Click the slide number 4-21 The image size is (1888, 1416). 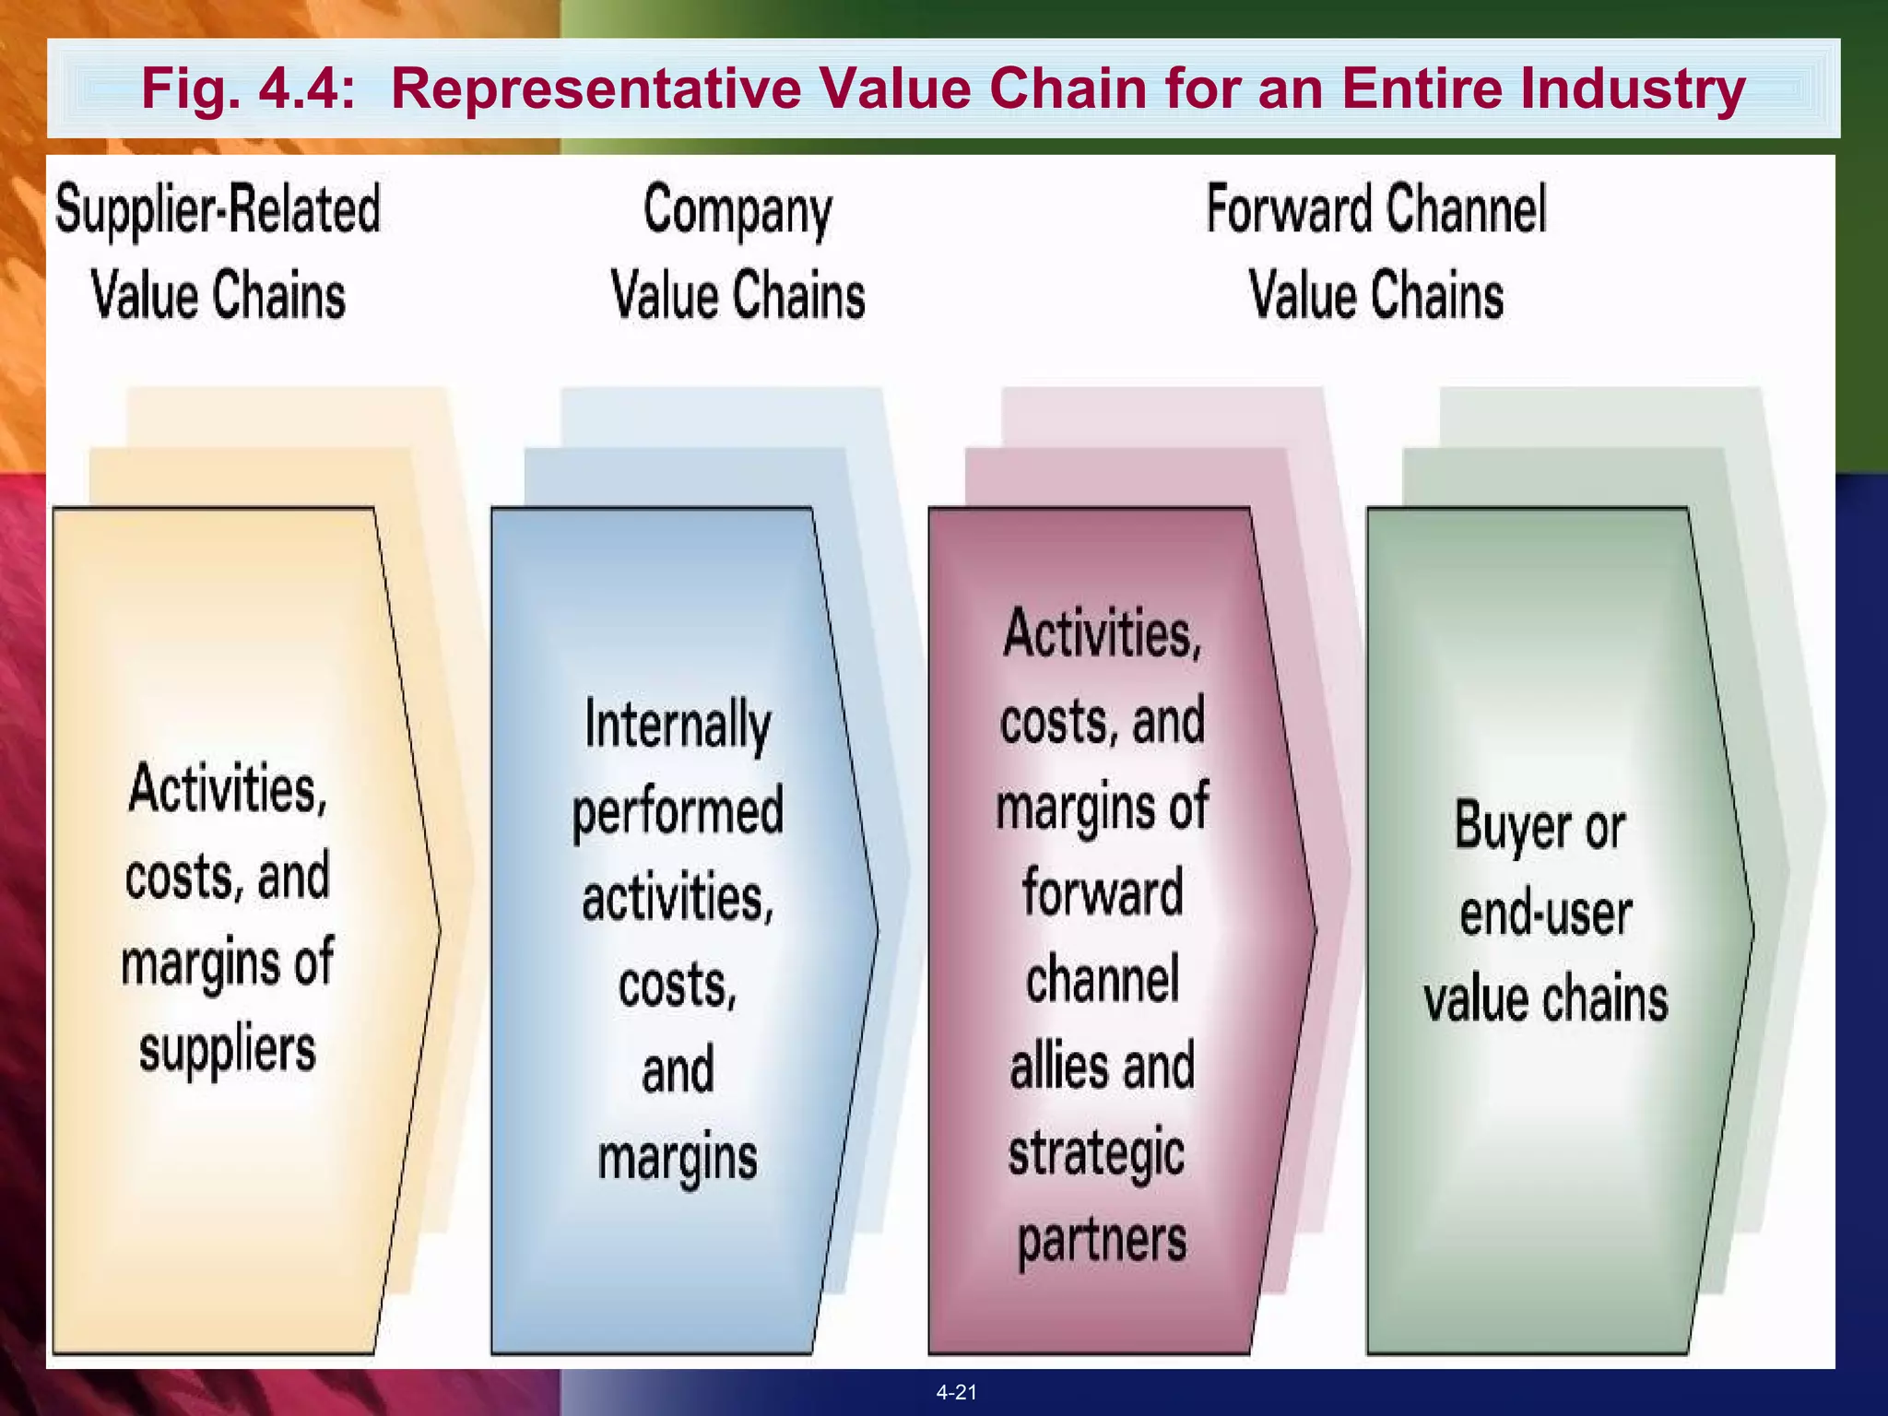pos(956,1392)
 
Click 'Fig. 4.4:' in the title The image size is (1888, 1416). pos(248,89)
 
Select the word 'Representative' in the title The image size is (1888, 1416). pos(596,89)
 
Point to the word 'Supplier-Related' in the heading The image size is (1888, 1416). pos(218,210)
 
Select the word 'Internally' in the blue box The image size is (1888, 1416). pos(678,726)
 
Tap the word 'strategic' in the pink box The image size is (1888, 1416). pos(1096,1154)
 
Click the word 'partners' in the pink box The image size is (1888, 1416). pos(1102,1241)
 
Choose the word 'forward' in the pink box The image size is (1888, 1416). pos(1103,892)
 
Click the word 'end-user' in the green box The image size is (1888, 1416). pos(1545,914)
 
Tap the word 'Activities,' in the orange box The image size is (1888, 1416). pos(228,789)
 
